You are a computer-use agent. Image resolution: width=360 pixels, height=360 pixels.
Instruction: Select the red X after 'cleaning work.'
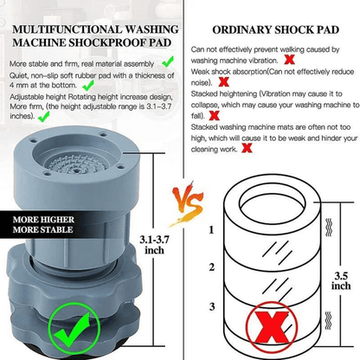(x=247, y=146)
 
